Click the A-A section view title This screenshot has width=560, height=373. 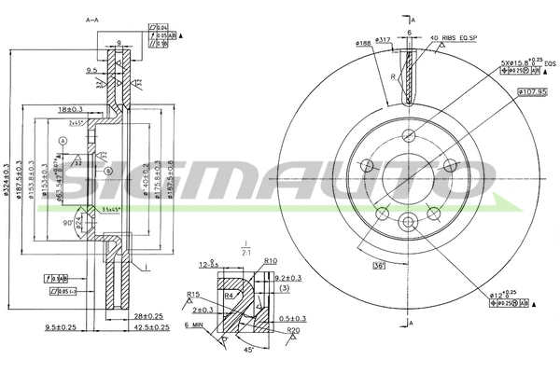[92, 20]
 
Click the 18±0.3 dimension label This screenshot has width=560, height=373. [70, 109]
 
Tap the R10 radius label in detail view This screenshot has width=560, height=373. [271, 262]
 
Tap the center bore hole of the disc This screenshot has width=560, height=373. [410, 178]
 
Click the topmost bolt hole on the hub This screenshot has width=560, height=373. [410, 135]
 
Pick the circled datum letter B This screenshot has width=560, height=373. [108, 172]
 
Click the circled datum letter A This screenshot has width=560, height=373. [63, 141]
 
